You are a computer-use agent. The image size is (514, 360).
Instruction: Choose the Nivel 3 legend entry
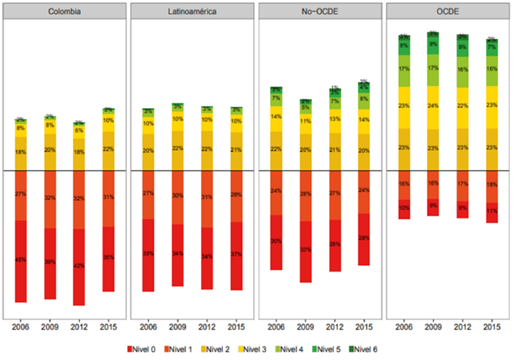(x=254, y=348)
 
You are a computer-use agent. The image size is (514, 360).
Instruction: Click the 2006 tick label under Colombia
(x=20, y=326)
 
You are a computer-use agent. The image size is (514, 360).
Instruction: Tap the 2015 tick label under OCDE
(x=492, y=326)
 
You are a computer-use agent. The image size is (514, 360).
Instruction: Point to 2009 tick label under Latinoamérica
(x=178, y=326)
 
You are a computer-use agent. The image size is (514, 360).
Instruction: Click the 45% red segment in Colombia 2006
(x=20, y=260)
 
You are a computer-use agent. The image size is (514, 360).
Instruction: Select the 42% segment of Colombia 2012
(x=78, y=266)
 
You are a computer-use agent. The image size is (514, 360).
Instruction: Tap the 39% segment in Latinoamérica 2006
(x=149, y=254)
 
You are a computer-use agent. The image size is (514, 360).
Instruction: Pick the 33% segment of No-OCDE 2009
(x=305, y=249)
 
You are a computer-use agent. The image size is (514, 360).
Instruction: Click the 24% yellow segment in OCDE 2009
(x=433, y=107)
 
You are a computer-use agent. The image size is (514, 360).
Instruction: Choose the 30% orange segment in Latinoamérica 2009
(x=178, y=196)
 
